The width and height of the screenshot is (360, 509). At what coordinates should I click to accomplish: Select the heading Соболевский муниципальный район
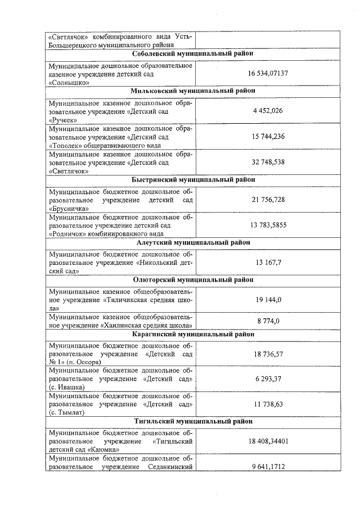(x=193, y=53)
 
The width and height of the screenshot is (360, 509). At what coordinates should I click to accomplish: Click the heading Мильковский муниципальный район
(x=193, y=91)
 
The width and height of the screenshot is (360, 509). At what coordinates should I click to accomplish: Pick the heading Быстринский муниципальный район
(x=193, y=179)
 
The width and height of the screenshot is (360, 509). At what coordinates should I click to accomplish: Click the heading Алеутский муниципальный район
(x=193, y=242)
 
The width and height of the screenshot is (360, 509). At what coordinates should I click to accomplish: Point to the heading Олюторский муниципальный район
(x=193, y=280)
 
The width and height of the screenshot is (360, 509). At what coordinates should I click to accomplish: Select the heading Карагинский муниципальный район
(x=193, y=334)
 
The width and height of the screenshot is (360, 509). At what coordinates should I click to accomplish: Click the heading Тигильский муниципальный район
(x=193, y=421)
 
